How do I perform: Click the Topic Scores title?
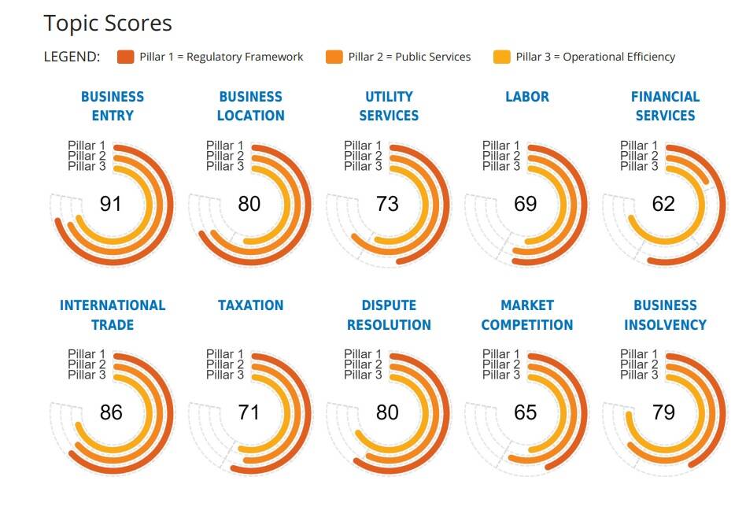108,24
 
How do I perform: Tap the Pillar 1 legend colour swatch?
125,57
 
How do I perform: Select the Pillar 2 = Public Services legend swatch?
334,57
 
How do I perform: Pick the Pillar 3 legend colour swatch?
502,57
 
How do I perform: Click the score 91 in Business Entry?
111,204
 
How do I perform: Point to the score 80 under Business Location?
249,204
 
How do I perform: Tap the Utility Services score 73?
387,204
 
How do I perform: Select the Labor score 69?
525,204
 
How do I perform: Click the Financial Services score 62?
663,204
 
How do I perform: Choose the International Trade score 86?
111,412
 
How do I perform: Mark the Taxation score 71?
249,412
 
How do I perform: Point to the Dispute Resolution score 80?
387,412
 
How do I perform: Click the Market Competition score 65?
525,412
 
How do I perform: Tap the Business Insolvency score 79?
663,412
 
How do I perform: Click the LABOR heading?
527,97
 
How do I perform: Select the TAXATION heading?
251,305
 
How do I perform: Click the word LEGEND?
72,57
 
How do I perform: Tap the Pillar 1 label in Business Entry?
87,146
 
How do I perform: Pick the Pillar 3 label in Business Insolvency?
639,375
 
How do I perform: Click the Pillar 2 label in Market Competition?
501,364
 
